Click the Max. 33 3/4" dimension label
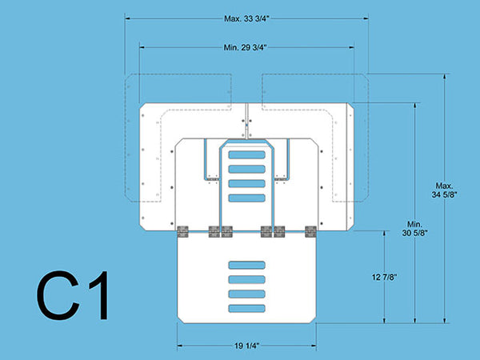tap(246, 18)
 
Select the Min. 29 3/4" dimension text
tap(246, 47)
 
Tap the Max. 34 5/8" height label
tap(445, 190)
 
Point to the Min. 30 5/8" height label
tap(414, 229)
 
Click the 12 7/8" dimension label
tap(385, 278)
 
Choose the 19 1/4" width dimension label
tap(246, 346)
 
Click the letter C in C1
tap(58, 295)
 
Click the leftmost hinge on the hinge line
tap(182, 232)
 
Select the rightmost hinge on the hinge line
tap(310, 232)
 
